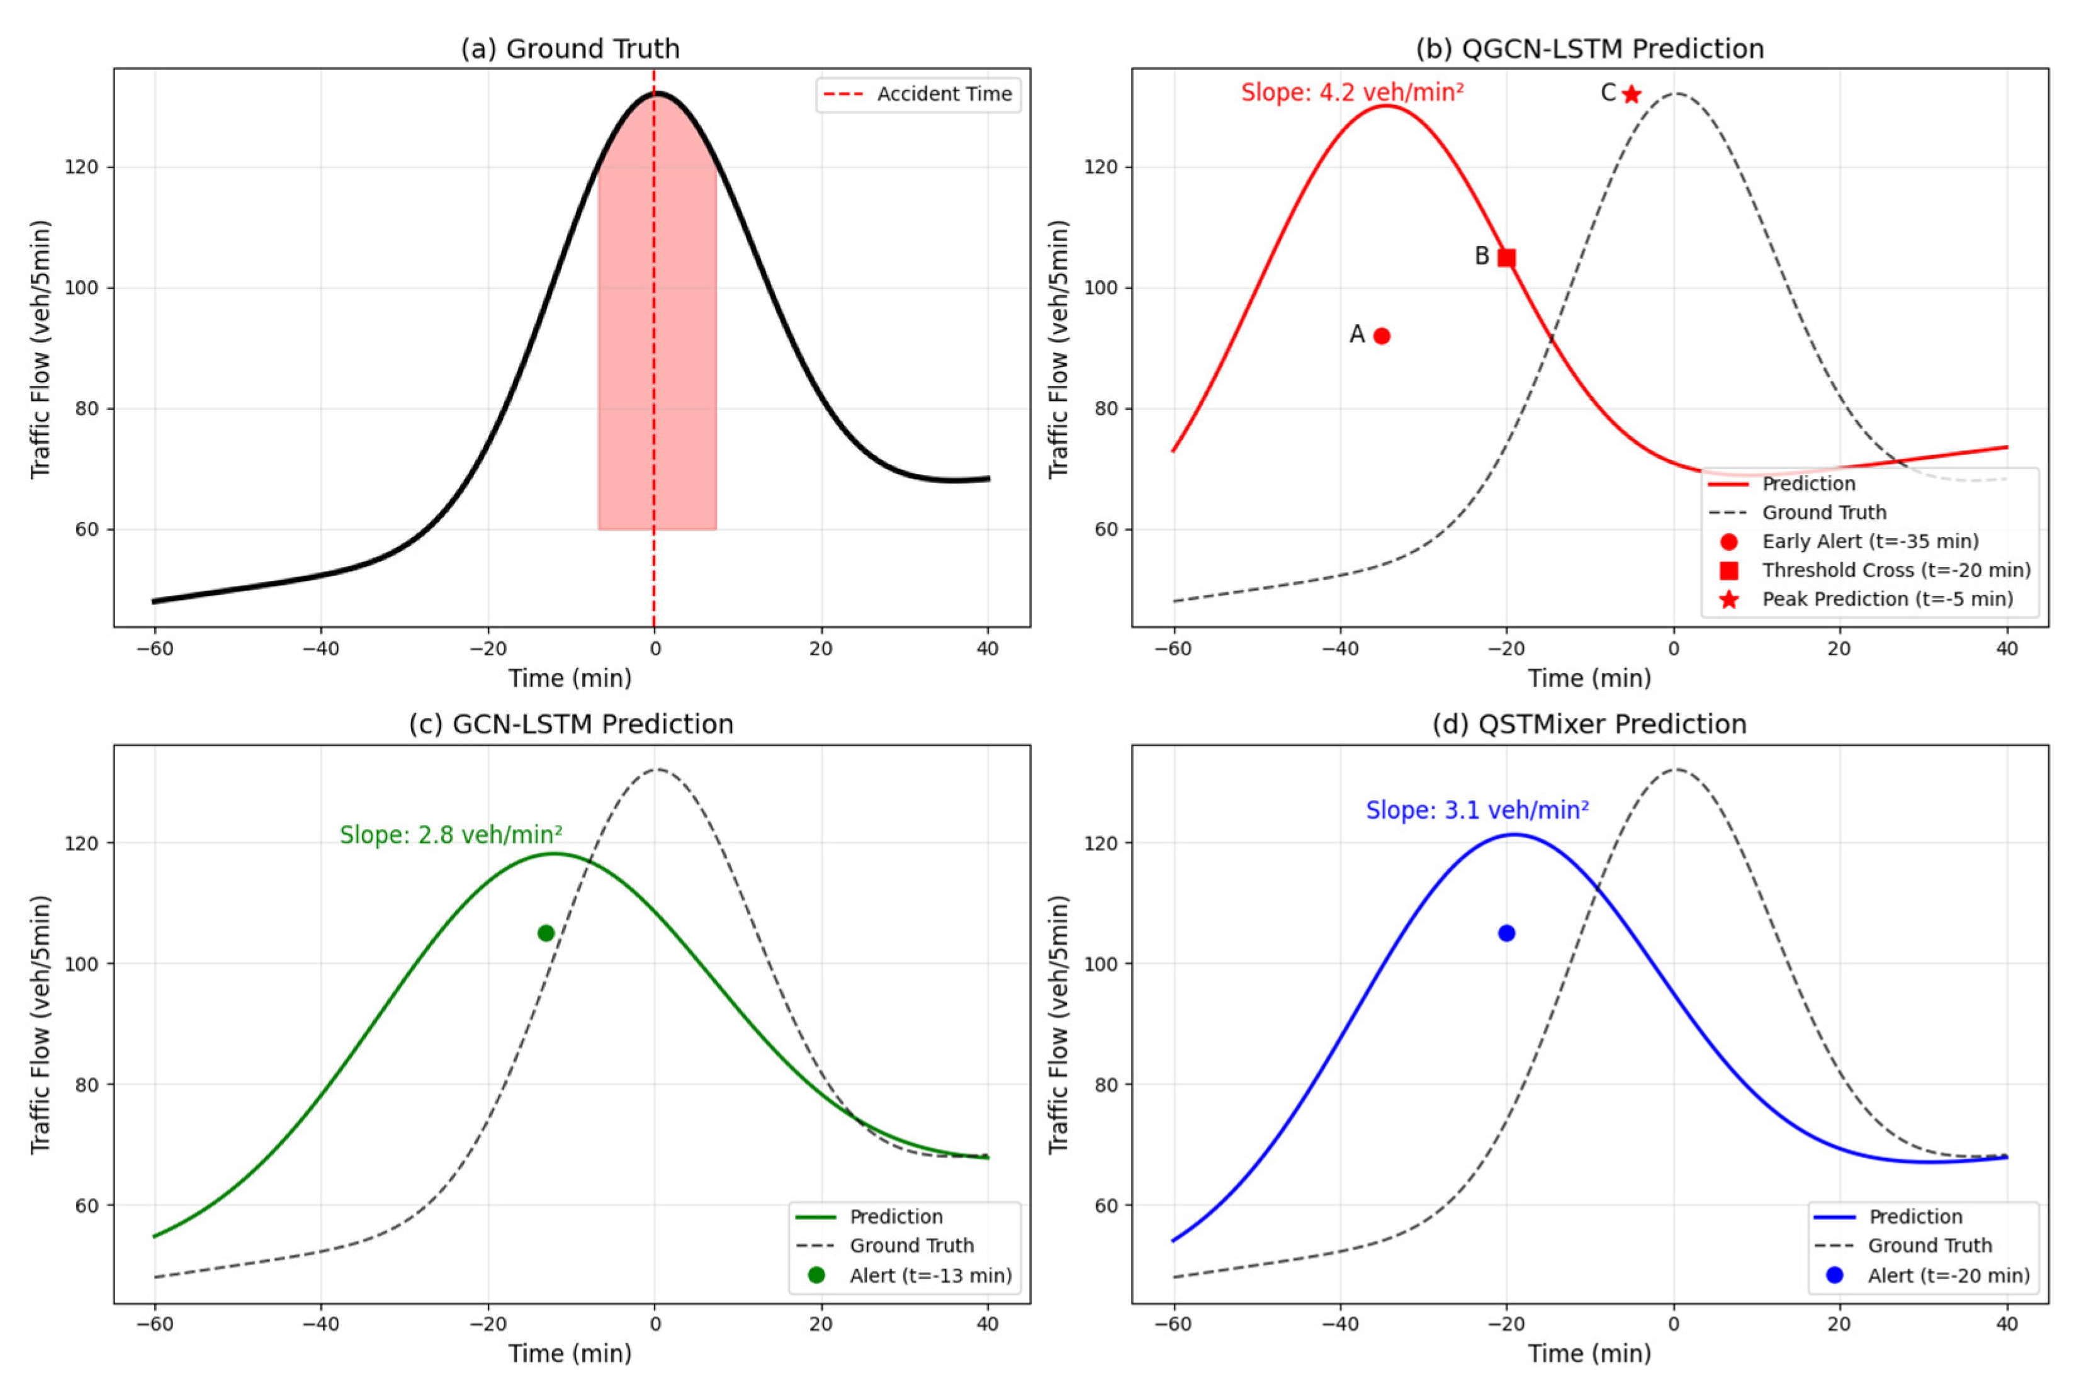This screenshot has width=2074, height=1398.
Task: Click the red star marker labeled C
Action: pos(1631,94)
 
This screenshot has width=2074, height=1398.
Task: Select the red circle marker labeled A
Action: pos(1381,336)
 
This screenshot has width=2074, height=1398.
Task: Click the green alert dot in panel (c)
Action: pos(546,933)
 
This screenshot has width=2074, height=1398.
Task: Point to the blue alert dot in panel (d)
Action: pos(1506,933)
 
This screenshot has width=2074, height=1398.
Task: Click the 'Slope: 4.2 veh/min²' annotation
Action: pos(1352,93)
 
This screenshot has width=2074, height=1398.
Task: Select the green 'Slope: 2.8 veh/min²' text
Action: pos(450,835)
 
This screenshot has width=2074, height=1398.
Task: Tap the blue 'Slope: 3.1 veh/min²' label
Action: pos(1477,811)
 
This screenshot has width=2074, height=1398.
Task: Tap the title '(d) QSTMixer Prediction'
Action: pos(1589,724)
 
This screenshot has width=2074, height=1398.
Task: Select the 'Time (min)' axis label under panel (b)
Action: pos(1589,679)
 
